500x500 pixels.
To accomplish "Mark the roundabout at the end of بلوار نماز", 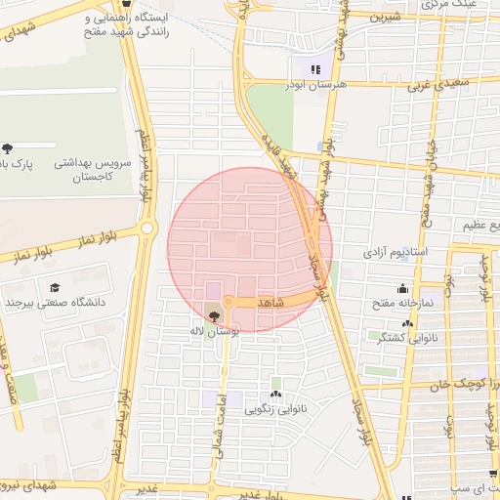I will pos(147,229).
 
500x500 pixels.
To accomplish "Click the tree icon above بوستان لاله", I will pos(214,315).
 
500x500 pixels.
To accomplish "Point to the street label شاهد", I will pos(271,304).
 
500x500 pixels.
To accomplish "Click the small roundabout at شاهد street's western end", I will pos(228,302).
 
